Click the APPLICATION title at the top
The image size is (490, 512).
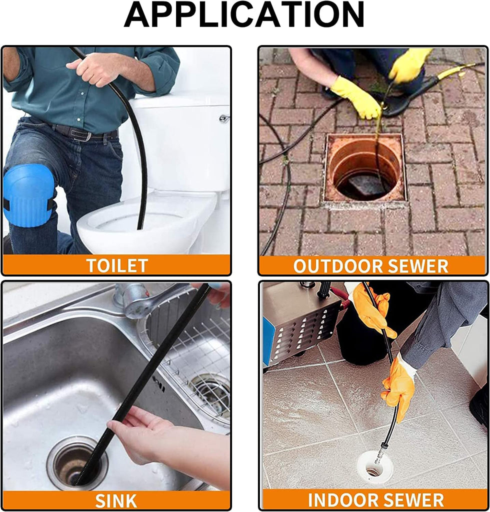click(244, 14)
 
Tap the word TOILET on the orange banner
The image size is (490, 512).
click(117, 265)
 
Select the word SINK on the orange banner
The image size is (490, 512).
click(116, 500)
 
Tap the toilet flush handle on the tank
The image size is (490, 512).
click(224, 118)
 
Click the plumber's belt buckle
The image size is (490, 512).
click(86, 135)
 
